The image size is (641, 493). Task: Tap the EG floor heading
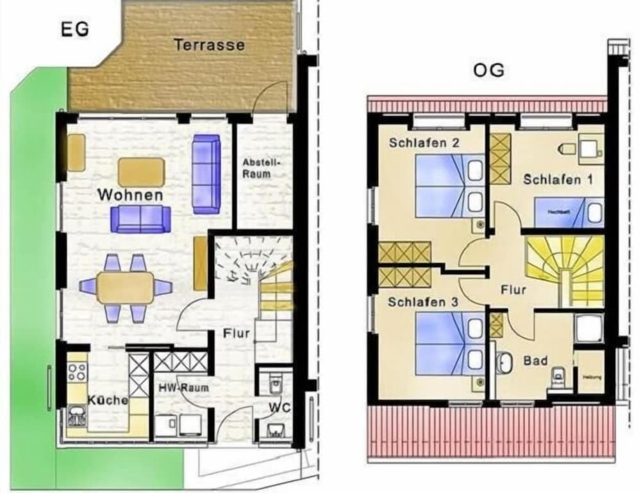coord(74,30)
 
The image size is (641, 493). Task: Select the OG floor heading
coord(488,70)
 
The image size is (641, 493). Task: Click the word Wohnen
coord(130,195)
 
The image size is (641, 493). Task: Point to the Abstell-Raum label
coord(256,168)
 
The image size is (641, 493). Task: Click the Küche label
coord(108,400)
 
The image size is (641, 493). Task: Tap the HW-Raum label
coord(183,388)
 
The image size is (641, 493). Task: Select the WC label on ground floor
coord(278,407)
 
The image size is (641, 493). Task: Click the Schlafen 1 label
coord(557,180)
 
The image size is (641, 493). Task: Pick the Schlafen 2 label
coord(424,143)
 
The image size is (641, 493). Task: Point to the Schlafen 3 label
coord(422,301)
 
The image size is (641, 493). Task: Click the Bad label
coord(535,361)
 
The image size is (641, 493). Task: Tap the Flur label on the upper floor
coord(513,290)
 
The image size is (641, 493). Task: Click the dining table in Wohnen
coord(126,288)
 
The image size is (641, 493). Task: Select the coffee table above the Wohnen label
coord(141,171)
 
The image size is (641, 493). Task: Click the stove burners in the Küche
coord(78,372)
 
